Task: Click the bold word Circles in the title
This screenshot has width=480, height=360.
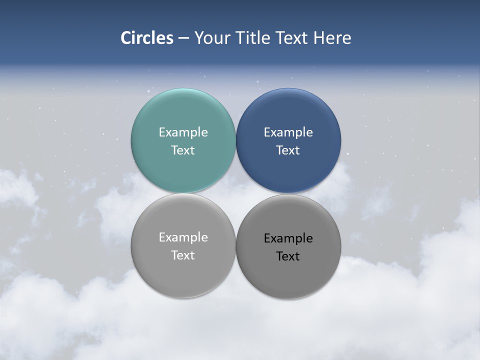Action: coord(147,38)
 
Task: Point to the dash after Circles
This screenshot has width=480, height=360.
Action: coord(183,38)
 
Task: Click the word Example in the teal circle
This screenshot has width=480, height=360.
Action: coord(183,132)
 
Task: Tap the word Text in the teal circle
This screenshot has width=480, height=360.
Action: coord(183,150)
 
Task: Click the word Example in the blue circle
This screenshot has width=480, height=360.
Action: coord(288,132)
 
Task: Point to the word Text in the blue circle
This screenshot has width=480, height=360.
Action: coord(288,150)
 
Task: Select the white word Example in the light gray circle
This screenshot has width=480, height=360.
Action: coord(183,237)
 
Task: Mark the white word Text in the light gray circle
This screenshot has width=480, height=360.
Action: coord(183,255)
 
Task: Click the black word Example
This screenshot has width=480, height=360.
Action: coord(288,238)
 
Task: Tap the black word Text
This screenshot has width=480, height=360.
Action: coord(288,256)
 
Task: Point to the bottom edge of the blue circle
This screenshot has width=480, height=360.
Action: coord(288,191)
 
